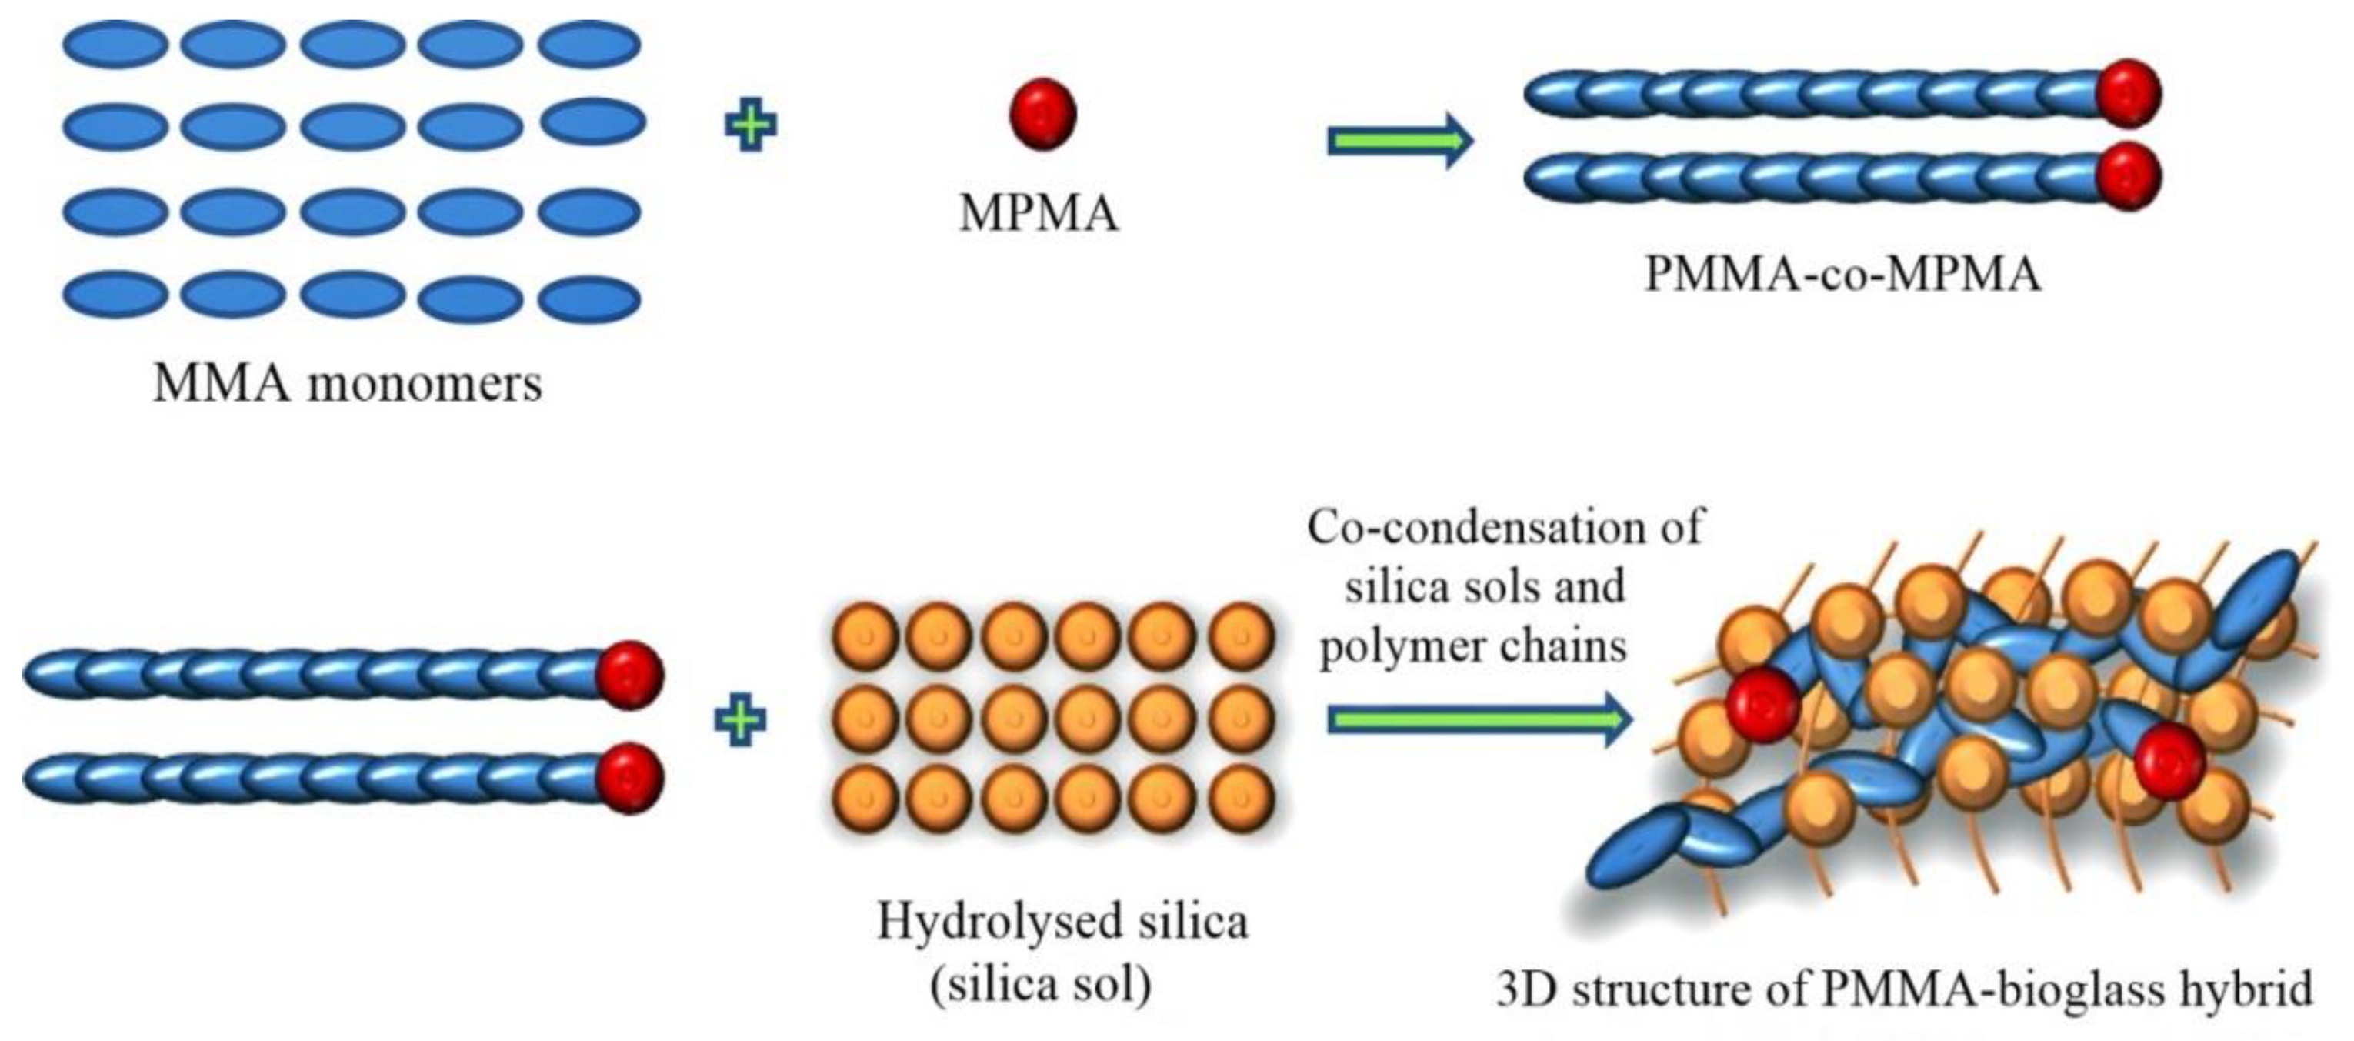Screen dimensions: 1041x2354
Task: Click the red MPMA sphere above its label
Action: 1042,114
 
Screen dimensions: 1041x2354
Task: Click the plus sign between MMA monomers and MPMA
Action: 750,126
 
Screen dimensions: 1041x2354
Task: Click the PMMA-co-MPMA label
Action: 1842,273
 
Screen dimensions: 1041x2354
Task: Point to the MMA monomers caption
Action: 347,383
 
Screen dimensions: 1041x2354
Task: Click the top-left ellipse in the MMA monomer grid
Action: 115,44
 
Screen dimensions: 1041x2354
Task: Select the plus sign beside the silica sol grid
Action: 739,720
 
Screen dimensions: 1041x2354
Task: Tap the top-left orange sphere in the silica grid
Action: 865,636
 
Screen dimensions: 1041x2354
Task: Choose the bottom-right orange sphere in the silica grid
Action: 1241,798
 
